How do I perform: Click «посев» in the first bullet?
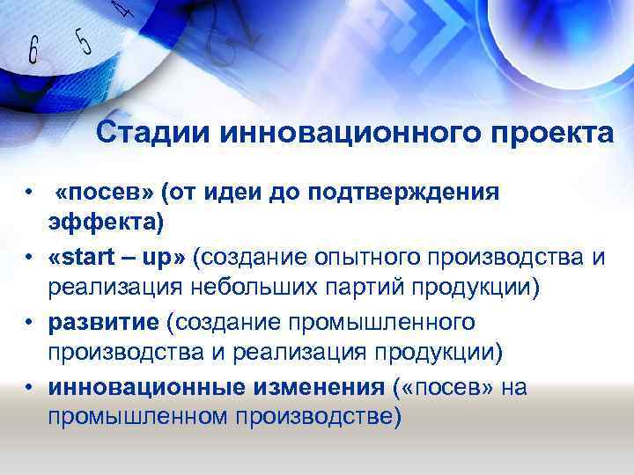(100, 193)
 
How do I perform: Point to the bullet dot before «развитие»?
(30, 323)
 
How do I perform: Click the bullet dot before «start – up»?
(30, 258)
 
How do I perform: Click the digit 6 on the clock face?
(34, 51)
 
